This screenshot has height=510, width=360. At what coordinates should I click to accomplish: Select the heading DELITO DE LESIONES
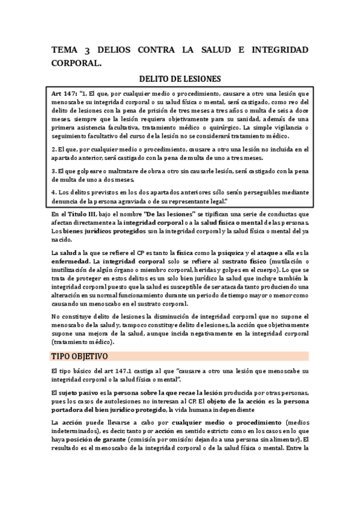(x=180, y=78)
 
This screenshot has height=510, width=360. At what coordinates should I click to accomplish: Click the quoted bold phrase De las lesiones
(x=153, y=214)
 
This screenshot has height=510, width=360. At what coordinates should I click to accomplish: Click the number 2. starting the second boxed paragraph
(x=53, y=148)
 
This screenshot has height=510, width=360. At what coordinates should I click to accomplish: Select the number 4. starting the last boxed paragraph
(x=53, y=192)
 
